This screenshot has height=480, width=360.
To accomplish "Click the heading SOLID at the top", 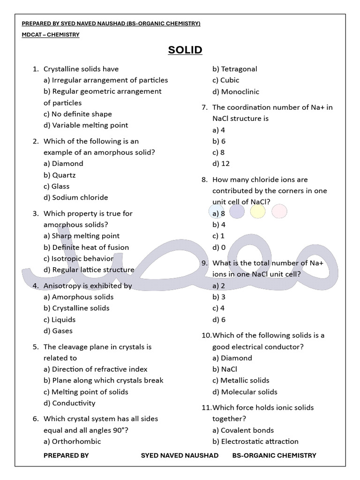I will click(x=185, y=50).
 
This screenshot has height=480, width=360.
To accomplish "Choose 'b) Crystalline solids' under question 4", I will click(x=76, y=308).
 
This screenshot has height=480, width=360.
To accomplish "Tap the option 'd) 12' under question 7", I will click(x=221, y=164).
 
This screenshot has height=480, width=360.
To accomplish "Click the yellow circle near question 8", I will click(x=258, y=212).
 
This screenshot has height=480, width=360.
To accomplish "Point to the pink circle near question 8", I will click(x=279, y=212).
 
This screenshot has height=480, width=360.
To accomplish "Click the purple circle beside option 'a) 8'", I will click(x=237, y=212).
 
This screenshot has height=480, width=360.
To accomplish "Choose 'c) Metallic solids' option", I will click(x=240, y=380).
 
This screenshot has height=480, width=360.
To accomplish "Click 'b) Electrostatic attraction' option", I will click(x=255, y=441).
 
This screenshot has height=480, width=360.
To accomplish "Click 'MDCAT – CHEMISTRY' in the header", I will click(x=51, y=35).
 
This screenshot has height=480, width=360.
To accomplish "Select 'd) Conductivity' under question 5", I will click(x=69, y=403).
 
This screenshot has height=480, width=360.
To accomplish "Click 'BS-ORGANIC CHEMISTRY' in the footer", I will click(x=274, y=455).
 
